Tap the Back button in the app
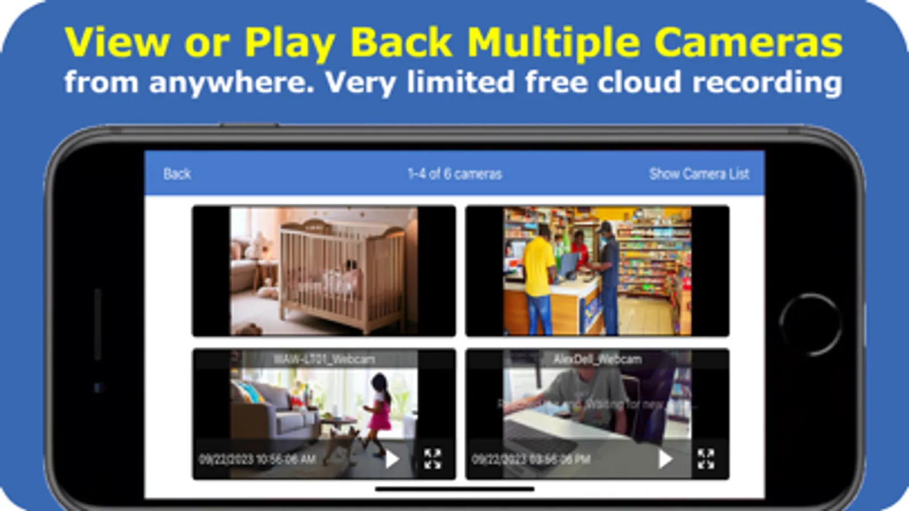pos(177,174)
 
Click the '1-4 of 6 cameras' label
pos(454,174)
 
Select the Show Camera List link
pos(699,174)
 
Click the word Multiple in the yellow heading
pos(553,43)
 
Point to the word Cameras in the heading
pos(748,43)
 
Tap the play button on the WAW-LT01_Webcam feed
pos(392,459)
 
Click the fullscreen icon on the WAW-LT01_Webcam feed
pos(432,459)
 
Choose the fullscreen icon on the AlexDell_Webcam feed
pos(705,459)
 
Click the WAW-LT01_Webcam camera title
pos(323,359)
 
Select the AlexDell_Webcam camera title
pos(597,359)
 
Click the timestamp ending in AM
pos(257,459)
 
